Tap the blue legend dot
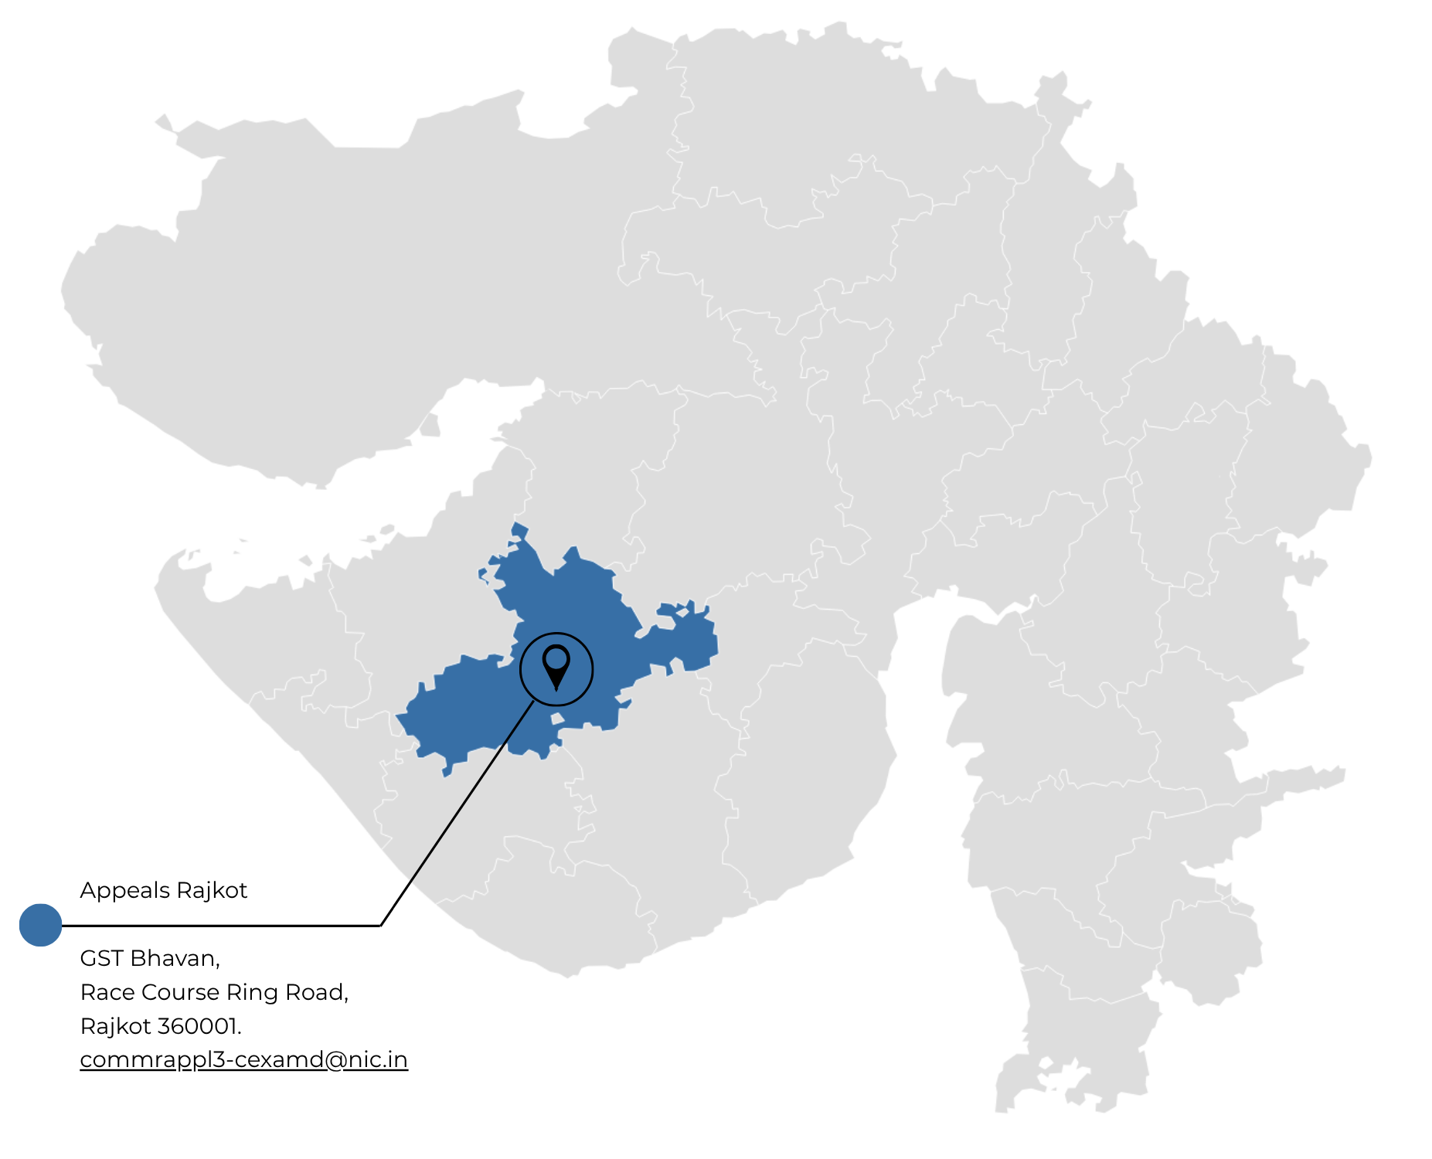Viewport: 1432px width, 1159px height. [x=40, y=925]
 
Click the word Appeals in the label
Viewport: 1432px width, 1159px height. [x=125, y=891]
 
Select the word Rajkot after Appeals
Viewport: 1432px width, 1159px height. [x=211, y=890]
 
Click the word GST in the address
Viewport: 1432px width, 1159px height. [x=102, y=958]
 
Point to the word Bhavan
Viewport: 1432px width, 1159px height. [x=175, y=959]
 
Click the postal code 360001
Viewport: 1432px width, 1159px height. [x=199, y=1026]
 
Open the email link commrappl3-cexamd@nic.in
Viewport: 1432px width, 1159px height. [x=243, y=1059]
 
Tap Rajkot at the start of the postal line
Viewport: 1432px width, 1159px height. [x=115, y=1026]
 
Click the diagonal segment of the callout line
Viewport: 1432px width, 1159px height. [x=456, y=814]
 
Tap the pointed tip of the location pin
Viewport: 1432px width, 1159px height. [x=556, y=688]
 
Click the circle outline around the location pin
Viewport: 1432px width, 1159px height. [x=593, y=669]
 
